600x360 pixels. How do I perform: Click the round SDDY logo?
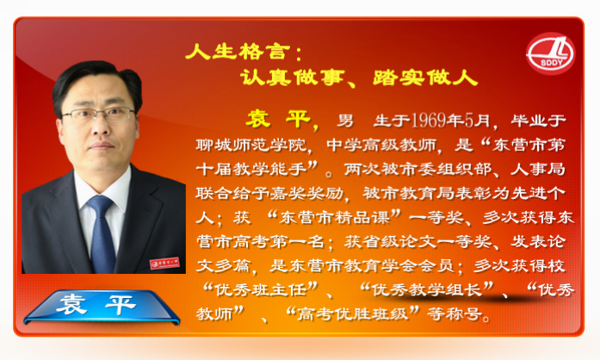pyautogui.click(x=550, y=53)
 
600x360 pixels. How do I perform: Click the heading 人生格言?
pyautogui.click(x=235, y=52)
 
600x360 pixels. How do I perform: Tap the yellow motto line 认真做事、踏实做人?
pyautogui.click(x=359, y=78)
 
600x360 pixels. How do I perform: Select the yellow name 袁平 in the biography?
pyautogui.click(x=278, y=120)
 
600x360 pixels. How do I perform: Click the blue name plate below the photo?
pyautogui.click(x=102, y=307)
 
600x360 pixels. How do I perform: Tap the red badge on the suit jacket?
pyautogui.click(x=164, y=263)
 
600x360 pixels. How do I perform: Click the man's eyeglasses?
pyautogui.click(x=99, y=114)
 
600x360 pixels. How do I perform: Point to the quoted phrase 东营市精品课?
pyautogui.click(x=334, y=218)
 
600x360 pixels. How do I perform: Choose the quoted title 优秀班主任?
pyautogui.click(x=260, y=290)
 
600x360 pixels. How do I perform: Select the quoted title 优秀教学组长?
pyautogui.click(x=426, y=290)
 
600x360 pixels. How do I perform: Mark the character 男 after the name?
pyautogui.click(x=345, y=121)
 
